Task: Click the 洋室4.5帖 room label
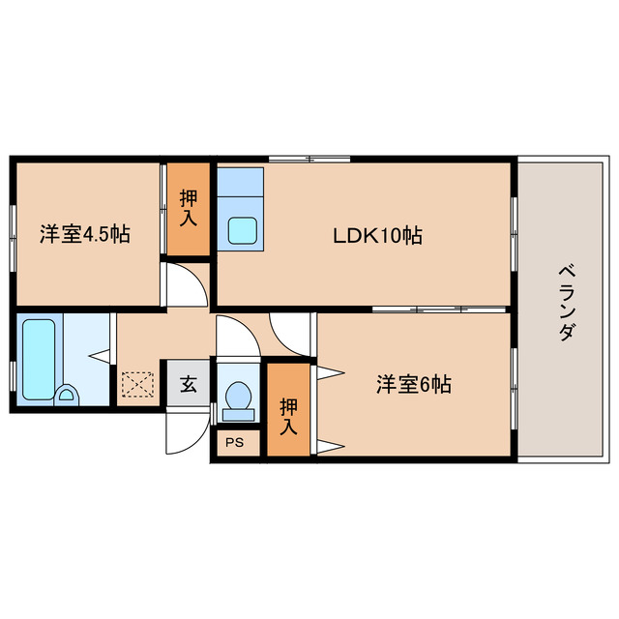coord(85,233)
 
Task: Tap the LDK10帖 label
coord(377,235)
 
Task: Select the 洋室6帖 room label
coord(413,384)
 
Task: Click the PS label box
coord(234,443)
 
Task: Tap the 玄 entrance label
coord(188,384)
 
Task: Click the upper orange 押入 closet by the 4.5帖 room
coord(189,209)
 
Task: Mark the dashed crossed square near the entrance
coord(138,385)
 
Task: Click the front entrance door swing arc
coord(185,432)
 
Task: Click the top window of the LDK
coord(309,158)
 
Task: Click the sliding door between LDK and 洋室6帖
coord(439,309)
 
